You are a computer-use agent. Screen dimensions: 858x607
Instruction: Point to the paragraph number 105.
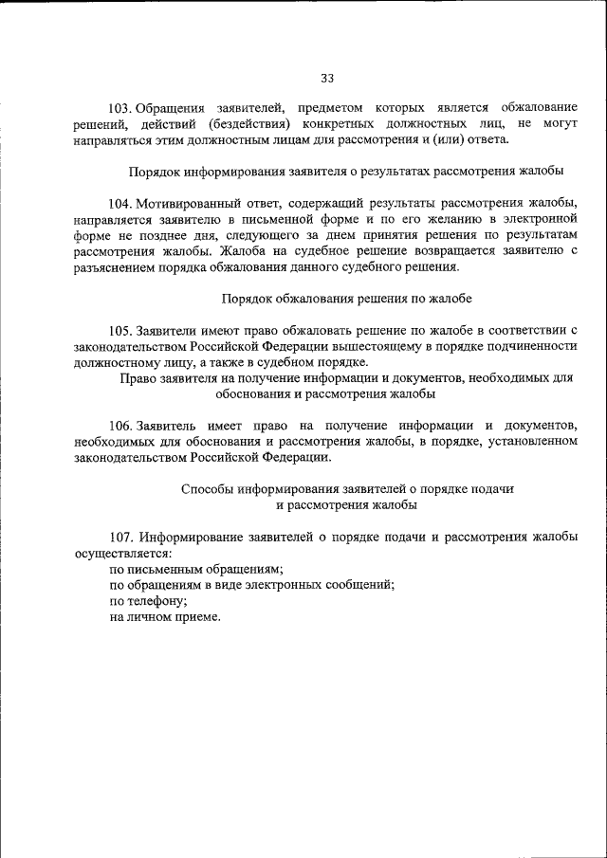(121, 330)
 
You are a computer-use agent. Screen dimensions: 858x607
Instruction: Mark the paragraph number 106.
(121, 425)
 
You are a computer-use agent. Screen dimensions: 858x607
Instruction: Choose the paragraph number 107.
(121, 537)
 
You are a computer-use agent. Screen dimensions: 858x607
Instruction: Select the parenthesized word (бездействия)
(241, 124)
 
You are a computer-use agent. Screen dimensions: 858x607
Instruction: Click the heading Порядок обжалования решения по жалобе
(346, 298)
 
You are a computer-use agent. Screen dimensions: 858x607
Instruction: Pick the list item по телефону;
(148, 600)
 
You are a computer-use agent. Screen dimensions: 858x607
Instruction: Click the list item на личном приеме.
(164, 616)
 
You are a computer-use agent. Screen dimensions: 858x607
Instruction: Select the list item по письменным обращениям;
(196, 568)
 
